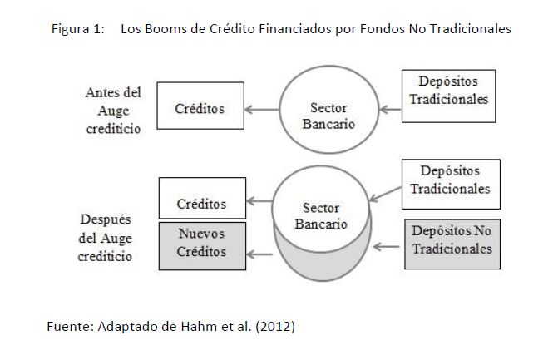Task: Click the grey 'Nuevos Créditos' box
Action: click(201, 243)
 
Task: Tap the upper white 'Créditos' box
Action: click(200, 109)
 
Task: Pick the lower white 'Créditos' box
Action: click(201, 204)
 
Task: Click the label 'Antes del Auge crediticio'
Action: click(113, 110)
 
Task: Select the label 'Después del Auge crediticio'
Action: click(106, 238)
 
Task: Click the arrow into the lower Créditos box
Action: click(261, 201)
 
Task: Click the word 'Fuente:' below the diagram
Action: click(68, 326)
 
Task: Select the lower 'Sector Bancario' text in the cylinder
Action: click(320, 215)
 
